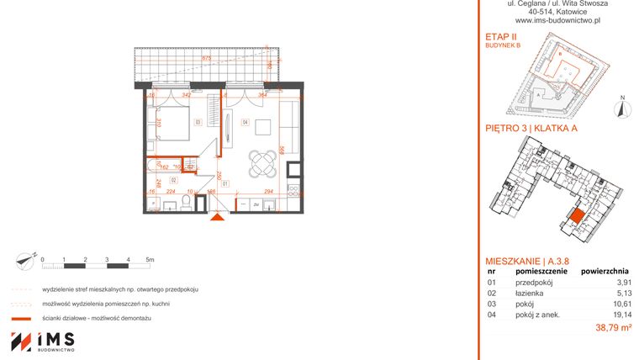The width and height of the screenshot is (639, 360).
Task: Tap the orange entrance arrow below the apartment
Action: point(217,219)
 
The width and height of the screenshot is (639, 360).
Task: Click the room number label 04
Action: point(246,123)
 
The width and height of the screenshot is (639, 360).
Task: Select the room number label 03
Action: point(198,123)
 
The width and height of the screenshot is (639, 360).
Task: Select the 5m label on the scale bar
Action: point(150,259)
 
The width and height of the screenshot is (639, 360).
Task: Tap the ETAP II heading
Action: point(503,36)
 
